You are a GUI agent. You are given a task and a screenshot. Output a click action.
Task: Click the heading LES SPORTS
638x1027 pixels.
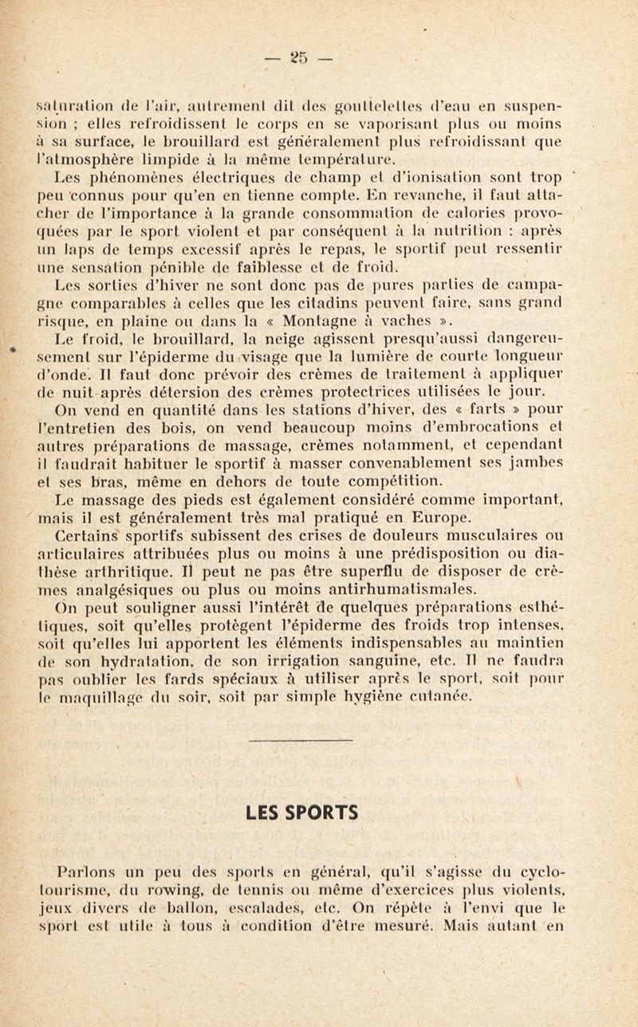[317, 814]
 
